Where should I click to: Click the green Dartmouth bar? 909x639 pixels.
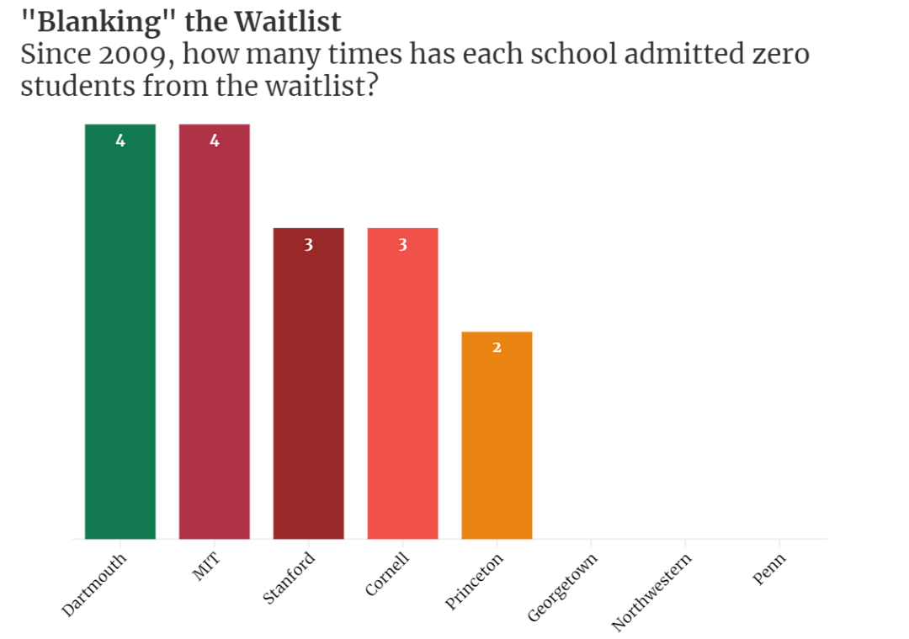pos(120,337)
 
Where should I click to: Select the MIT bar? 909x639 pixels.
pos(214,337)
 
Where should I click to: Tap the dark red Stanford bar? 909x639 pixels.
pos(308,387)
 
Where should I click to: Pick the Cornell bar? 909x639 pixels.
pos(402,387)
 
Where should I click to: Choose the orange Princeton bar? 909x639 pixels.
pos(497,438)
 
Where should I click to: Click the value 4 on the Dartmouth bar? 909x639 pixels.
pos(120,141)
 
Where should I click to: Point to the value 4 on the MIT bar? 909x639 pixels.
pos(215,141)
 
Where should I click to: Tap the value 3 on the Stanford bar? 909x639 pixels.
pos(309,245)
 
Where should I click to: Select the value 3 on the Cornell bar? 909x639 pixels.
pos(403,245)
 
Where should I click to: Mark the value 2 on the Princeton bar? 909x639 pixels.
pos(497,348)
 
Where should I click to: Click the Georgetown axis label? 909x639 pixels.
pos(562,588)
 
